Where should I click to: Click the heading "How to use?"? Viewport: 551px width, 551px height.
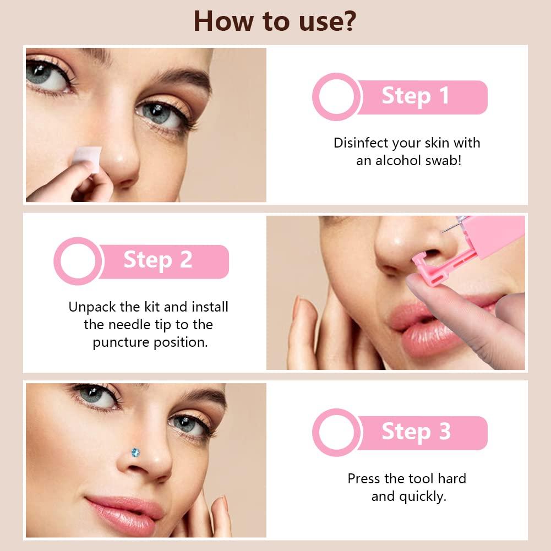click(275, 21)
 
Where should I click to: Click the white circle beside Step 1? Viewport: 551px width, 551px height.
click(336, 97)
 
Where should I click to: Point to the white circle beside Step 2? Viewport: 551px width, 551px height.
click(78, 261)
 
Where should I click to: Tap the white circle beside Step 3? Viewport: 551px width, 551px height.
click(336, 432)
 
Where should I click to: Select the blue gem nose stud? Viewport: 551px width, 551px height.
click(135, 452)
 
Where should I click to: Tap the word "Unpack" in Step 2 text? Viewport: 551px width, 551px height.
click(92, 307)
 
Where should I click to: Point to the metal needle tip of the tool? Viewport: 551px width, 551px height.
click(443, 231)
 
